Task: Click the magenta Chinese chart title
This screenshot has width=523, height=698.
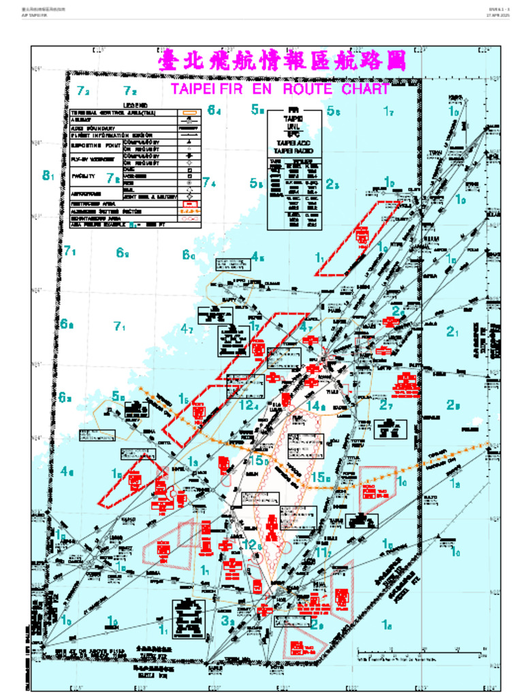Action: pos(281,62)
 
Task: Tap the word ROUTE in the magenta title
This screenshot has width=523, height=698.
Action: pos(307,89)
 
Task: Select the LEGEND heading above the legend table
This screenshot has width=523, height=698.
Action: pos(136,105)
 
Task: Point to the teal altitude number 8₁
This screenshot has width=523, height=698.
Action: pos(48,176)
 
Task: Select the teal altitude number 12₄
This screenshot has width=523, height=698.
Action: pos(249,405)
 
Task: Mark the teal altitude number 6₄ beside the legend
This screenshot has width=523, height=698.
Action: pos(214,110)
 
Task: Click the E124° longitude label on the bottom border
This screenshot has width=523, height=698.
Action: pos(485,686)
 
